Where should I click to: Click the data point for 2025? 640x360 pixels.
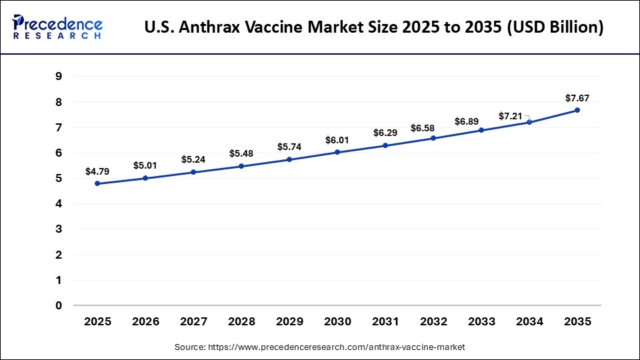[x=97, y=183]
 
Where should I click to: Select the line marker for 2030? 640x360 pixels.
[x=337, y=152]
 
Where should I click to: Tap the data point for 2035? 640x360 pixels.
[x=577, y=110]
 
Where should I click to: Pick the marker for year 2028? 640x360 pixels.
[x=241, y=166]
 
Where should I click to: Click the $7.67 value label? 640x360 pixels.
[x=577, y=98]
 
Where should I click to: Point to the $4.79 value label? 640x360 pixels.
[x=97, y=171]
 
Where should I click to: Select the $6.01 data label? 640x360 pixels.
[x=337, y=140]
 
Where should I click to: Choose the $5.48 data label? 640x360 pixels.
[x=241, y=153]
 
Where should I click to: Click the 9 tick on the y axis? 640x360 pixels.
[x=59, y=77]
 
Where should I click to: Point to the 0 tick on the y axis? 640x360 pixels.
[x=59, y=306]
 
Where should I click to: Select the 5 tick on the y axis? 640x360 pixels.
[x=59, y=179]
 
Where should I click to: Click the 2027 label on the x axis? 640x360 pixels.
[x=193, y=321]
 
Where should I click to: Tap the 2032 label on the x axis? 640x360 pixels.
[x=433, y=321]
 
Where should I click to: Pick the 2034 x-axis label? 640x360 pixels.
[x=529, y=321]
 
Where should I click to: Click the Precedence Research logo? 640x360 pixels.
[x=57, y=27]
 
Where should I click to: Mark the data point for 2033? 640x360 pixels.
[x=481, y=130]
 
